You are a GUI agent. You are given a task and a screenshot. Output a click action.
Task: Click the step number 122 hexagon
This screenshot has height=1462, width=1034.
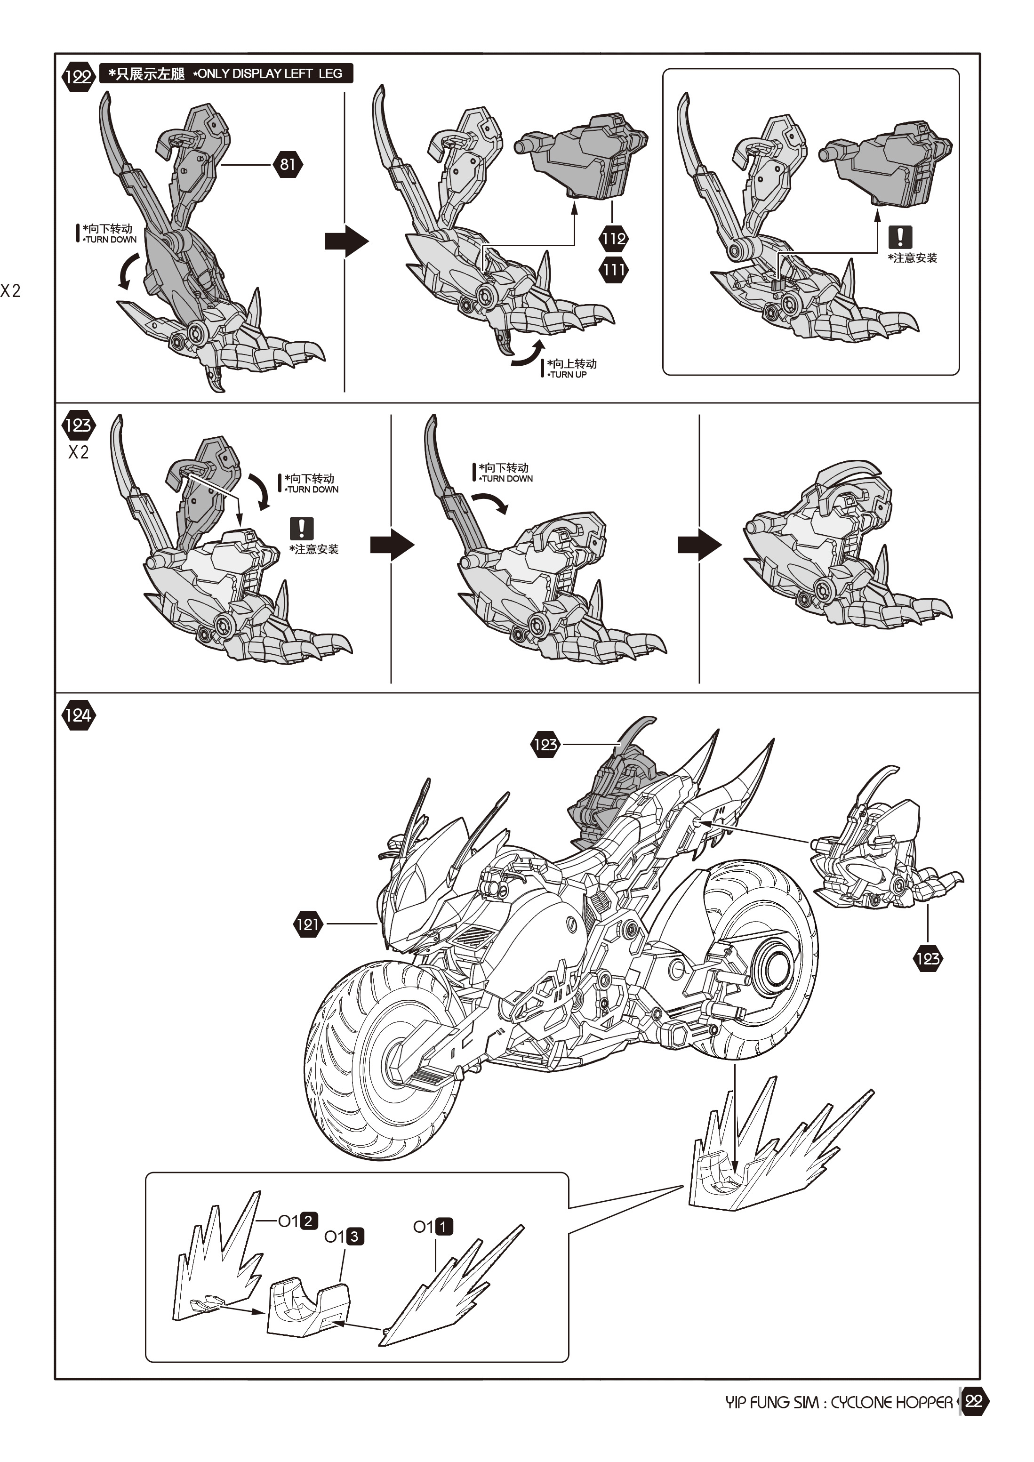(x=78, y=77)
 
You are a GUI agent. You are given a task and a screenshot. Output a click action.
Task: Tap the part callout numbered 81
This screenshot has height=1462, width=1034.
(x=287, y=164)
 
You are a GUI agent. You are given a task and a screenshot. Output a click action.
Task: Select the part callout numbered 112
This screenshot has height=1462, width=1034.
(x=613, y=239)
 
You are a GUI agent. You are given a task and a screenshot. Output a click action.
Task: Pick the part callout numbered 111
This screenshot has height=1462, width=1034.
(x=613, y=269)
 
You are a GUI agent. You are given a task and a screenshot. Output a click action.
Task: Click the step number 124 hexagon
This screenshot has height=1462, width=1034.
(x=78, y=715)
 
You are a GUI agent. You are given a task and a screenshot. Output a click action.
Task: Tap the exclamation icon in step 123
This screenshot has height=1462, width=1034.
(x=301, y=528)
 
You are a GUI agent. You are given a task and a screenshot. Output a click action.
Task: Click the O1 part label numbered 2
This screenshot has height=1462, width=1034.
(x=298, y=1221)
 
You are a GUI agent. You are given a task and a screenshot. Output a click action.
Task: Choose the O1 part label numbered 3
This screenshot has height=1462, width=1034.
(x=344, y=1237)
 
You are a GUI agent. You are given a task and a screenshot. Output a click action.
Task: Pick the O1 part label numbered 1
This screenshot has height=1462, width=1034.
(x=433, y=1226)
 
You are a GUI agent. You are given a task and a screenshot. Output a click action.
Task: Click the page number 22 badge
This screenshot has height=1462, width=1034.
(x=973, y=1401)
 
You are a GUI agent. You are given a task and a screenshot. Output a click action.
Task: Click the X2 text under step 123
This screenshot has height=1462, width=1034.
(x=78, y=453)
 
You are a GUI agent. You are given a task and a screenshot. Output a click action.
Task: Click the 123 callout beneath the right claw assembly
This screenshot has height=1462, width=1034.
(x=927, y=959)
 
